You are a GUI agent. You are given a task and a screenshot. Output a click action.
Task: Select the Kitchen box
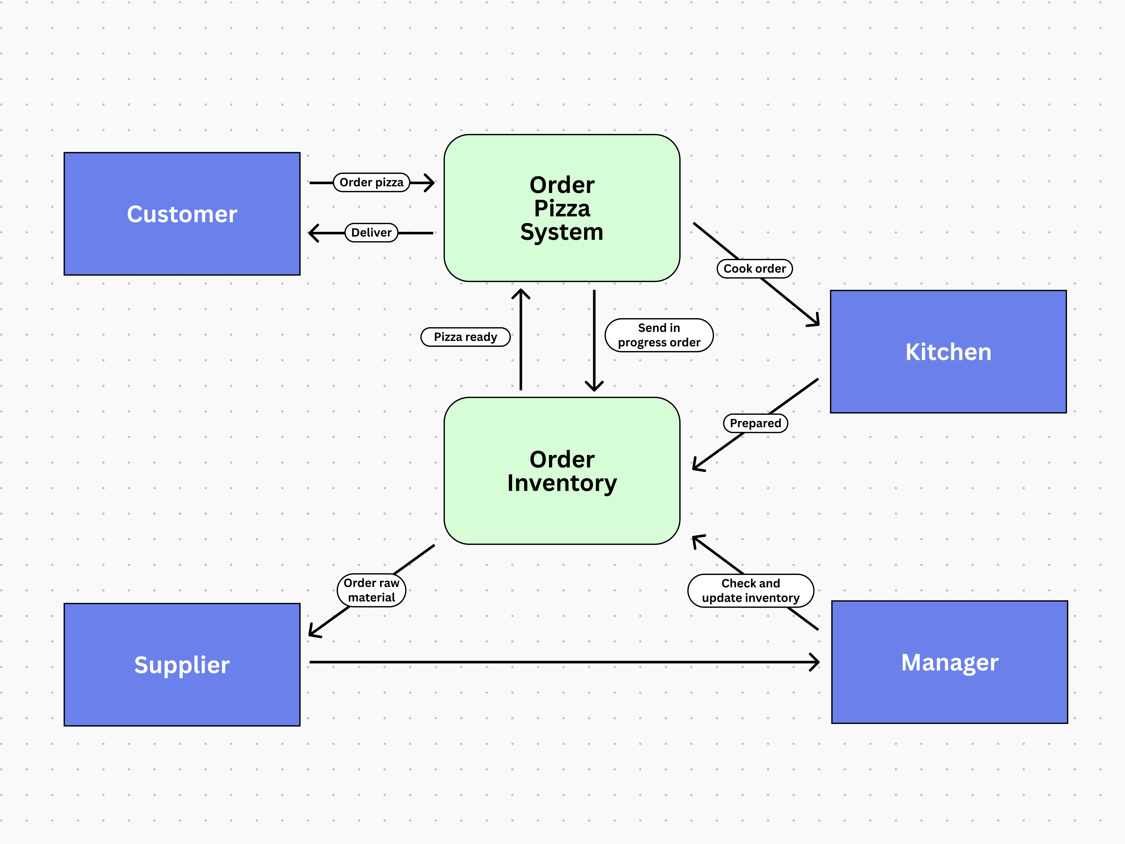tap(948, 352)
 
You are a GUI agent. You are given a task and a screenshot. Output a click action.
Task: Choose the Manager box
tap(949, 662)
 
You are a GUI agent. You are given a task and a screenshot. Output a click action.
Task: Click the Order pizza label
tap(371, 182)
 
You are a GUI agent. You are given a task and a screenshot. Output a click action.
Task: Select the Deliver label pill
tap(371, 232)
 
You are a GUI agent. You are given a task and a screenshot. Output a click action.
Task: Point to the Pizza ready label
tap(465, 337)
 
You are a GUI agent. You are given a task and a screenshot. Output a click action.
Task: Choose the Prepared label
tap(755, 423)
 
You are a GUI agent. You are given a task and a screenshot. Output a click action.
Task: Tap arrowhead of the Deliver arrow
tap(313, 233)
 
